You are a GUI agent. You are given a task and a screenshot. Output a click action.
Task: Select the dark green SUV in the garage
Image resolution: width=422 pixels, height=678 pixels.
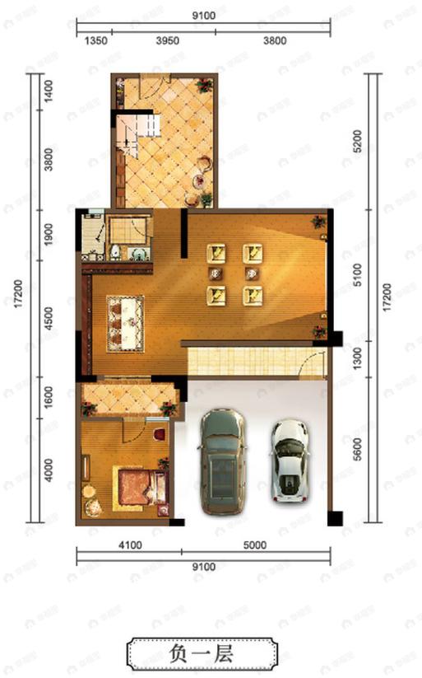(221, 463)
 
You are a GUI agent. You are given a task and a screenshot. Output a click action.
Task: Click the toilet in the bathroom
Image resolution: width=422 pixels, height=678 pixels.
(116, 252)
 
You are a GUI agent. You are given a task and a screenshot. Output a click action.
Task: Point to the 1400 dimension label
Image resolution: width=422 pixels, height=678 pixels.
(50, 89)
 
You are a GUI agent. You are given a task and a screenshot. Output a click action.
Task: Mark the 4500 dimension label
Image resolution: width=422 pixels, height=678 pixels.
(50, 318)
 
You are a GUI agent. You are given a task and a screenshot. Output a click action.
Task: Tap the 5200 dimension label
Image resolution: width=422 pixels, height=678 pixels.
(356, 141)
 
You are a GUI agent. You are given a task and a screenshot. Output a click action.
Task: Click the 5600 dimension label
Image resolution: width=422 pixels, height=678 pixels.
(356, 449)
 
